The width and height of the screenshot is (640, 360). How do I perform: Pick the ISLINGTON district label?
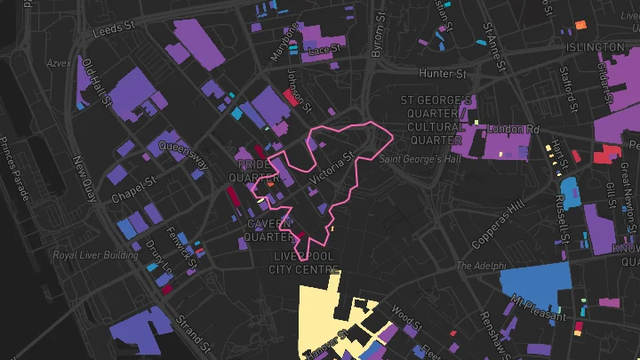(595, 47)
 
